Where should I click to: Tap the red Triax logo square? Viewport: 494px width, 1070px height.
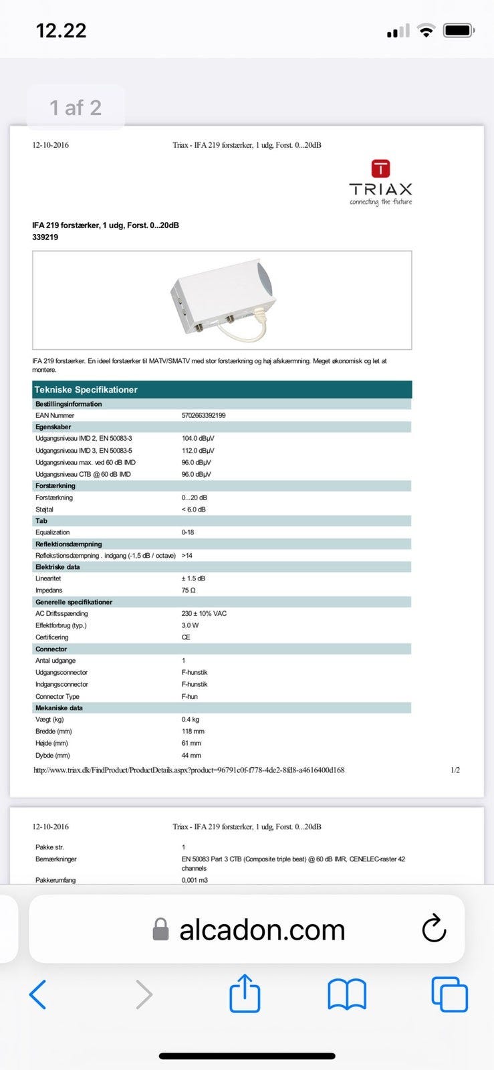(380, 168)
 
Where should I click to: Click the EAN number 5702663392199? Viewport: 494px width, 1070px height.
(203, 415)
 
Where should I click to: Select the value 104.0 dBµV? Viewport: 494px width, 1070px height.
(198, 439)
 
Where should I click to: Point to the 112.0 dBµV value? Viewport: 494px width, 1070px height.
(198, 451)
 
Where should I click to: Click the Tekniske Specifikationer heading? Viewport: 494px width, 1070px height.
(86, 389)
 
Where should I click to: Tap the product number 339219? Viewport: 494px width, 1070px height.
(45, 237)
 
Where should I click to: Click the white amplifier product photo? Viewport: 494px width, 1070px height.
(223, 298)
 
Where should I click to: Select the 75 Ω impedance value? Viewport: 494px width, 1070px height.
(189, 591)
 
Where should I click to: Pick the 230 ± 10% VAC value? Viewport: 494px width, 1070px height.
(204, 614)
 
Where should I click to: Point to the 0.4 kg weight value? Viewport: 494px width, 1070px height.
(191, 720)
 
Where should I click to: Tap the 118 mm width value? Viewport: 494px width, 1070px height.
(193, 732)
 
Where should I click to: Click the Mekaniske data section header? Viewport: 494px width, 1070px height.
(59, 708)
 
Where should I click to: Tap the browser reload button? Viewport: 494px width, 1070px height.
(434, 928)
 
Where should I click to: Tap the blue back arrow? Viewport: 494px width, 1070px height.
(38, 994)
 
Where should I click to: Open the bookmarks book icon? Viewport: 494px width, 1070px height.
(347, 994)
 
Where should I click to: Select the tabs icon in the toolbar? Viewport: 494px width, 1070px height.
(449, 994)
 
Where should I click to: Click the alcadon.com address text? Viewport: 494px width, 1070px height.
(262, 930)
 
